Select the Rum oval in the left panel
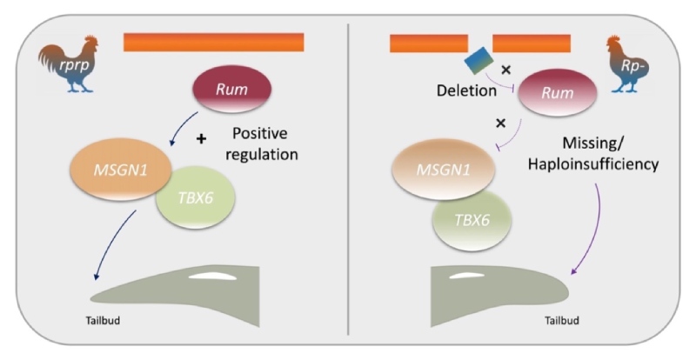233,91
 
